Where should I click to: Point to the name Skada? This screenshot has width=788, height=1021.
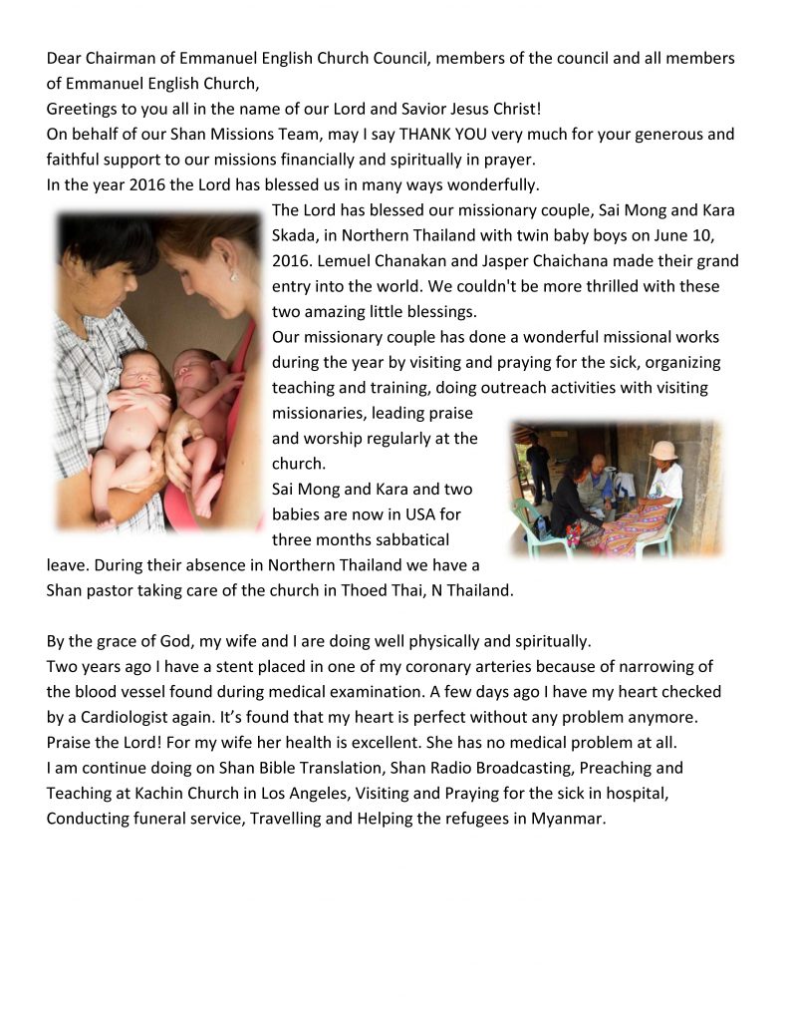tap(296, 235)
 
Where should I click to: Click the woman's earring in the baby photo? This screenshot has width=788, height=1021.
tap(235, 275)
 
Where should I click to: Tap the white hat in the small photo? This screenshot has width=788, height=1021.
tap(663, 451)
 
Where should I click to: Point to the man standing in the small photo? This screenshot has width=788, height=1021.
tap(539, 464)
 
